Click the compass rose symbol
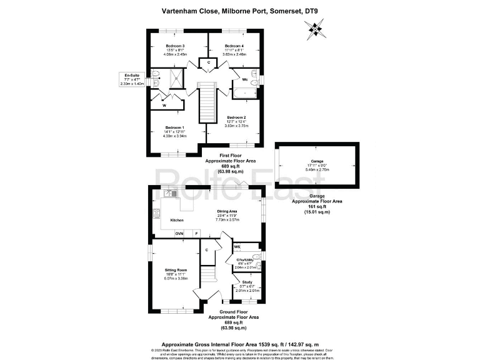[x=315, y=28]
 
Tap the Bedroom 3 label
[x=174, y=46]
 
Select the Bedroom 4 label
[x=234, y=46]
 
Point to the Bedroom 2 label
[x=236, y=117]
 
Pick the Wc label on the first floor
[x=246, y=79]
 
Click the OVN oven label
[x=179, y=234]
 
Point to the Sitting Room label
[x=176, y=270]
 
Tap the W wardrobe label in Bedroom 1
[x=164, y=106]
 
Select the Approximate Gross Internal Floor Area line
[x=239, y=343]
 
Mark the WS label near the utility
[x=237, y=247]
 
